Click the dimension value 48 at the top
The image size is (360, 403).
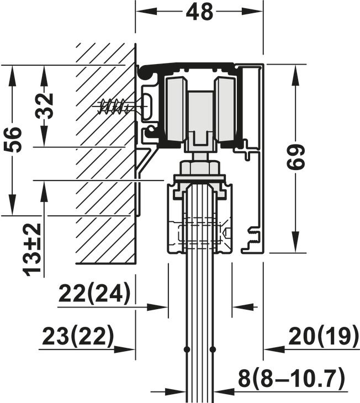[199, 12]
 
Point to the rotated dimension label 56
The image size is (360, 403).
[12, 139]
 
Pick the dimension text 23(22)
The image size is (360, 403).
[77, 336]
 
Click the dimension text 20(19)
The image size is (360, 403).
[324, 336]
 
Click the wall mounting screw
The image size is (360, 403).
[116, 105]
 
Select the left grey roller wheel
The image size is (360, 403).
[176, 109]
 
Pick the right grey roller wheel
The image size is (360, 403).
[225, 109]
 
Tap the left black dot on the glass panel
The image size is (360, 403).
[187, 349]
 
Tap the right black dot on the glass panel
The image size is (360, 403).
[213, 349]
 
